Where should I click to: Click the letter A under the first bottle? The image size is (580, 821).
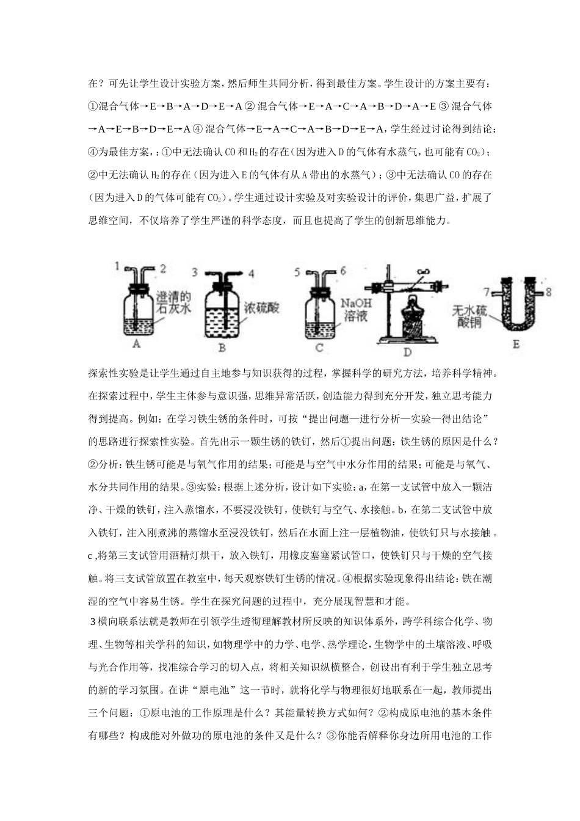(136, 344)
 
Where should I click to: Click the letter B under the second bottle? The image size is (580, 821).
(222, 348)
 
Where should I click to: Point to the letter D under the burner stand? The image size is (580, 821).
(408, 351)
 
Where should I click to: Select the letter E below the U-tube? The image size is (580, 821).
(516, 345)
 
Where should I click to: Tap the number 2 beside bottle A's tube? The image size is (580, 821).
(163, 268)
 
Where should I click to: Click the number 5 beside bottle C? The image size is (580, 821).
(297, 271)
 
